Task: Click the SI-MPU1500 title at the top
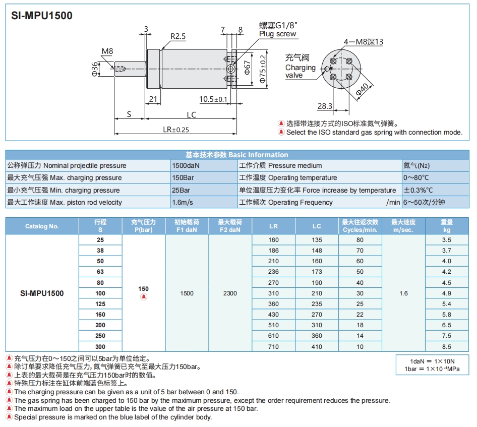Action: click(42, 16)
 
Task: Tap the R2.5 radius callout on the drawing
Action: click(178, 36)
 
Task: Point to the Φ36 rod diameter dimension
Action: click(95, 69)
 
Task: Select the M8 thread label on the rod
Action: click(107, 51)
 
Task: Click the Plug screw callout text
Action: click(278, 34)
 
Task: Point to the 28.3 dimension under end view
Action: click(325, 106)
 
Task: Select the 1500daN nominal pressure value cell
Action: click(186, 165)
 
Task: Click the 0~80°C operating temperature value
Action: click(416, 177)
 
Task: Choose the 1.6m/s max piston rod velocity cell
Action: click(183, 202)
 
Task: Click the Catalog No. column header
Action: click(42, 226)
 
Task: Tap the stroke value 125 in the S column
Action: click(100, 304)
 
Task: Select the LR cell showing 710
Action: click(273, 347)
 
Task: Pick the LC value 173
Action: click(317, 272)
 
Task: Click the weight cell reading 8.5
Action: click(446, 347)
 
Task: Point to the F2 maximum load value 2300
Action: click(230, 293)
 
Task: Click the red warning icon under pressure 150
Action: click(144, 297)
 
